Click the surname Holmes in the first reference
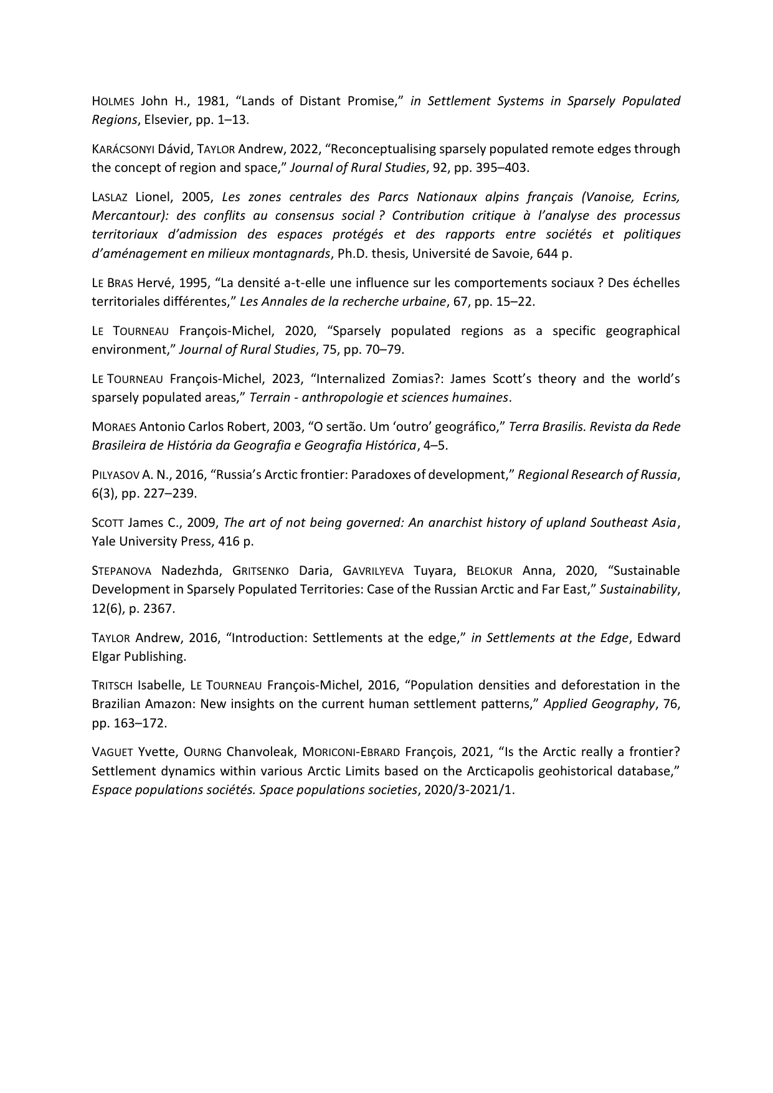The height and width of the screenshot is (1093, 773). pyautogui.click(x=113, y=102)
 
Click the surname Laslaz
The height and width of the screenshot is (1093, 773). pyautogui.click(x=110, y=197)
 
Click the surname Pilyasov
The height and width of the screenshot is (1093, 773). pyautogui.click(x=115, y=475)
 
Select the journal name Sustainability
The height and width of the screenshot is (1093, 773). pyautogui.click(x=638, y=590)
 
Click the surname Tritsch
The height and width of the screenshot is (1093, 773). pyautogui.click(x=112, y=686)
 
